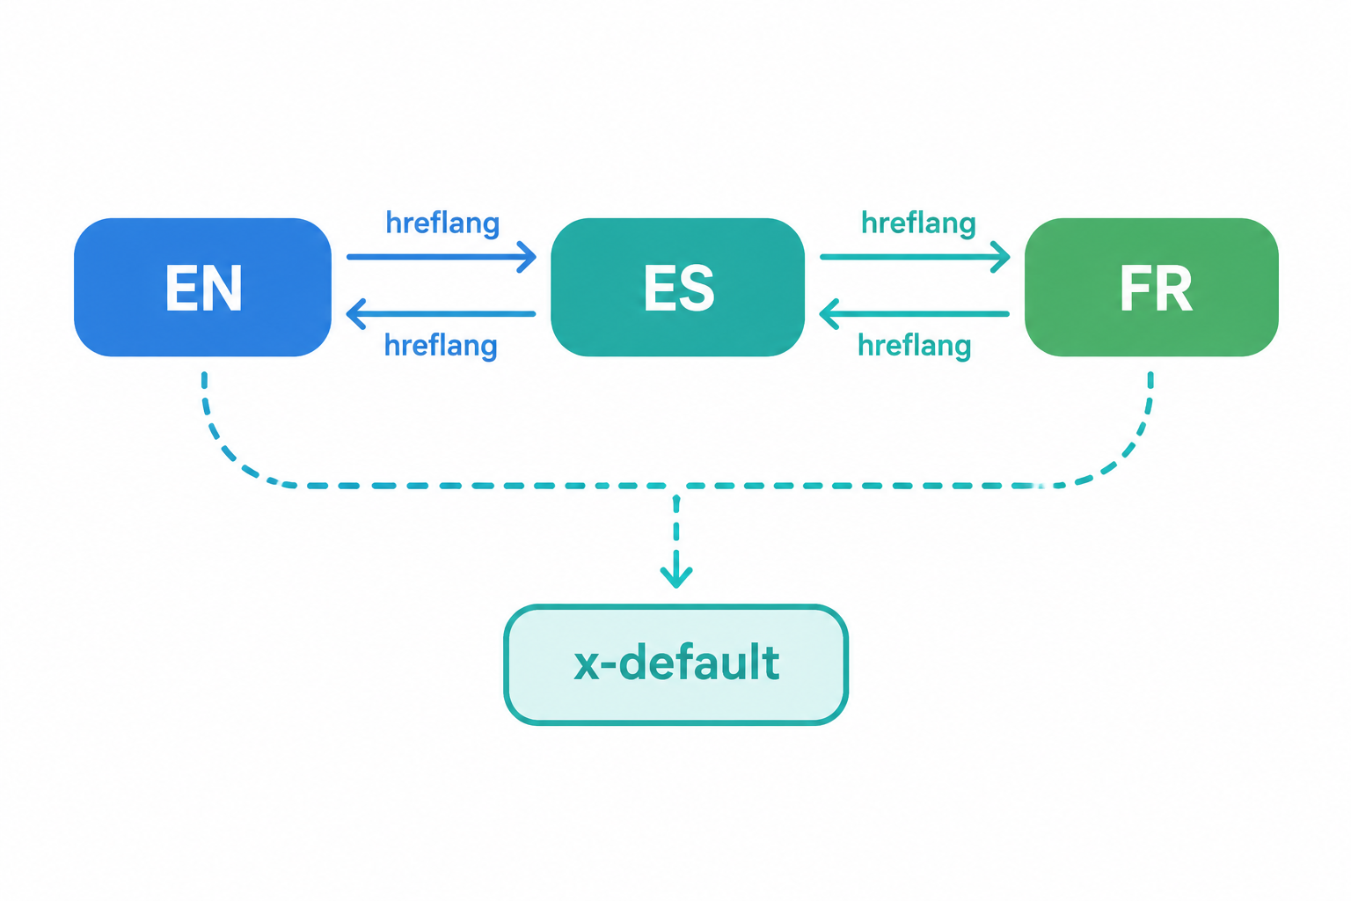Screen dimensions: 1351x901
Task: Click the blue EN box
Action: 202,287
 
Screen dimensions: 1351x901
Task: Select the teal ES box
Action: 678,287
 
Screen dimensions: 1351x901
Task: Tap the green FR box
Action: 1151,287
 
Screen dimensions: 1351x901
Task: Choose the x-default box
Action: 676,664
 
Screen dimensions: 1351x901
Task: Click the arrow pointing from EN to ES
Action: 442,257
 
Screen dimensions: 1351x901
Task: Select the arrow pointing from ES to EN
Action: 441,314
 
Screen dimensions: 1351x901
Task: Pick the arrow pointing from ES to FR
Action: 915,257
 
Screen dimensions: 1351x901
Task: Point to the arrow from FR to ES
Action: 915,314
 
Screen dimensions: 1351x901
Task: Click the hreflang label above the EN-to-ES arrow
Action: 442,223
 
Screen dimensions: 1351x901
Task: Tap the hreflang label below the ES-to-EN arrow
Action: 441,347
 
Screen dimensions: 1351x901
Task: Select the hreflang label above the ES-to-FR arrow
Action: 918,223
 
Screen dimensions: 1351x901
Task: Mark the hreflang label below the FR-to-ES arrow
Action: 915,347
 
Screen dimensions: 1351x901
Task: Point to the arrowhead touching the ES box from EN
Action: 527,257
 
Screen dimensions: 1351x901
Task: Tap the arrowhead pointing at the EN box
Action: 356,314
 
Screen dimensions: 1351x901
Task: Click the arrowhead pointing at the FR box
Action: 1001,257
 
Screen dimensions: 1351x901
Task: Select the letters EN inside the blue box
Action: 204,289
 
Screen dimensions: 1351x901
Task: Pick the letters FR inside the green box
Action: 1157,289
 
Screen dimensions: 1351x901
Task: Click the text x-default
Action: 676,662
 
